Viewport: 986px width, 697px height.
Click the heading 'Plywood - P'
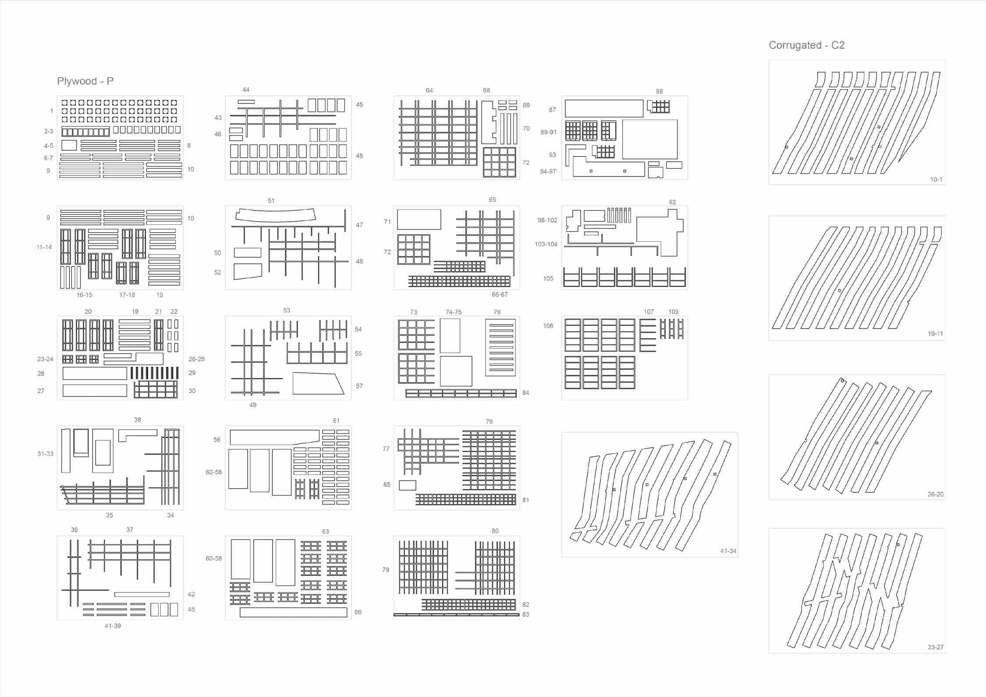tap(85, 81)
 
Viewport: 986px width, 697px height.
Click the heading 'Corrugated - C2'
tap(806, 45)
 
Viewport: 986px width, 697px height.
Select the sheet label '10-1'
tap(936, 180)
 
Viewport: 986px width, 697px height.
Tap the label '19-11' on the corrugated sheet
tap(935, 334)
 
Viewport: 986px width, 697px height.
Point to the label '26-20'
tap(935, 494)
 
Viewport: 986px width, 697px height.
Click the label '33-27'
tap(935, 647)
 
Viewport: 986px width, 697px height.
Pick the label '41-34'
tap(728, 551)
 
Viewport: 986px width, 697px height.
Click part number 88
tap(659, 92)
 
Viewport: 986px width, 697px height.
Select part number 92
tap(672, 202)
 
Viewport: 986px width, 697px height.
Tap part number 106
tap(548, 326)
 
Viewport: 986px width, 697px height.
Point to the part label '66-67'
tap(499, 294)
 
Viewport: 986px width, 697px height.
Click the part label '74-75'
tap(453, 312)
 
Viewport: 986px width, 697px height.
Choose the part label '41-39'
tap(113, 626)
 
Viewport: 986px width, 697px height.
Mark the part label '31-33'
tap(45, 454)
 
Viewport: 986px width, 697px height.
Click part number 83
tap(525, 615)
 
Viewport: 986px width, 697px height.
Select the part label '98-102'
tap(547, 220)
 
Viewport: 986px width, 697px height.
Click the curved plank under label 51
tap(276, 215)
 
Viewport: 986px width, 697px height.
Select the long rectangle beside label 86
tap(293, 612)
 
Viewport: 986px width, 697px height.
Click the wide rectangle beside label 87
tap(603, 108)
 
